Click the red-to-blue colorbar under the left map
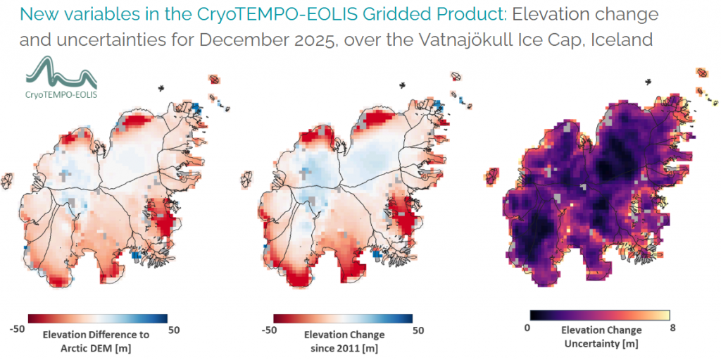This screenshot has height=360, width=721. click(97, 318)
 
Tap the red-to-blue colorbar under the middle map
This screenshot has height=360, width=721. click(343, 318)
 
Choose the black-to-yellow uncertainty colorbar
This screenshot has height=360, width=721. click(600, 315)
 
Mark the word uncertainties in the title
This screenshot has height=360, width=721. click(103, 40)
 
